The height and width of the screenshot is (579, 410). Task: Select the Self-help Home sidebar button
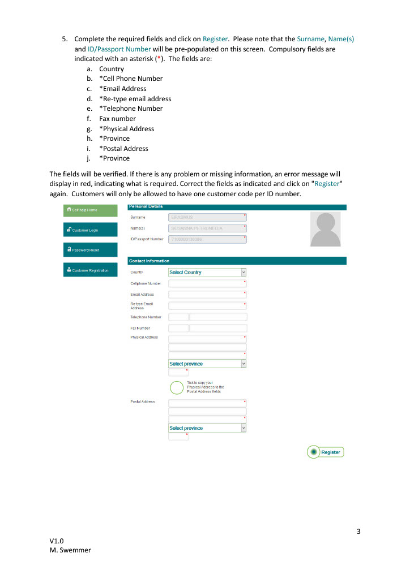tap(91, 210)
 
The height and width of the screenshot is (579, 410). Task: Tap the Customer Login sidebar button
tap(91, 230)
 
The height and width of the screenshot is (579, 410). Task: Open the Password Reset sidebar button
tap(91, 250)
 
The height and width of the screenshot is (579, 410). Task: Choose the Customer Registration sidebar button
tap(91, 270)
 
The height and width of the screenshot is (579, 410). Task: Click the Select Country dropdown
tap(207, 273)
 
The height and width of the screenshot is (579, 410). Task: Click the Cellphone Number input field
tap(207, 283)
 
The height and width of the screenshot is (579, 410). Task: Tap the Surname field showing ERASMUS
tap(207, 217)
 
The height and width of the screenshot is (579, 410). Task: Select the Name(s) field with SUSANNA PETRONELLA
tap(207, 228)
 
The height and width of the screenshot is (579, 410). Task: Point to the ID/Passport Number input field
tap(207, 239)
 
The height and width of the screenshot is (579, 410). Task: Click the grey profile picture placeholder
tap(326, 229)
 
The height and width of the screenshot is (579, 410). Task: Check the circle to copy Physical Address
tap(177, 387)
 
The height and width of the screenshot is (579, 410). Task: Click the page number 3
tap(358, 531)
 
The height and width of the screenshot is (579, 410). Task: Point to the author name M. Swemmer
tap(70, 550)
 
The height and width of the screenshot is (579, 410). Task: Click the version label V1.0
tap(57, 541)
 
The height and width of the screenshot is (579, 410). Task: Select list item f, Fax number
tap(117, 119)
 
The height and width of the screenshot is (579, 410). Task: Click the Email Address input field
tap(207, 295)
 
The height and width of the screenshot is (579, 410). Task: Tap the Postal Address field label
tap(143, 402)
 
